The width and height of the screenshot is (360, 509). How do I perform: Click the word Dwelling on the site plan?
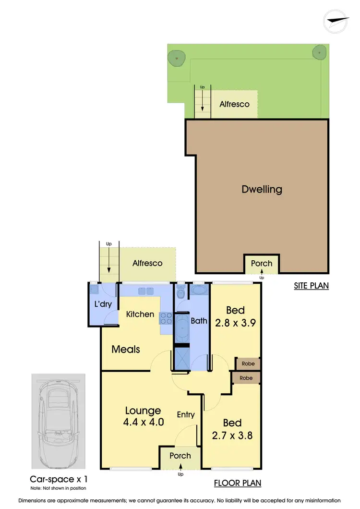click(262, 189)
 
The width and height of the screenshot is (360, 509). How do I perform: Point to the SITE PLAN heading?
click(312, 286)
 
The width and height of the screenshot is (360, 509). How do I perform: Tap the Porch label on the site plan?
click(262, 263)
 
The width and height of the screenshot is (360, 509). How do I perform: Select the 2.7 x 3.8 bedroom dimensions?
click(232, 436)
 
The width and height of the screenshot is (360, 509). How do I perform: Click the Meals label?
click(126, 349)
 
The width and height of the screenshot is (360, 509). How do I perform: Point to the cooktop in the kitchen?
click(166, 317)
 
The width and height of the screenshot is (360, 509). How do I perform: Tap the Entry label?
click(185, 414)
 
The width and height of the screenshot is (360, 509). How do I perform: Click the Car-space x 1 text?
click(59, 479)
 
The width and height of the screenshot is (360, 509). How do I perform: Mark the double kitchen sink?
click(146, 291)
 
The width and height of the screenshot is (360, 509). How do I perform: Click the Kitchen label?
click(140, 314)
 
